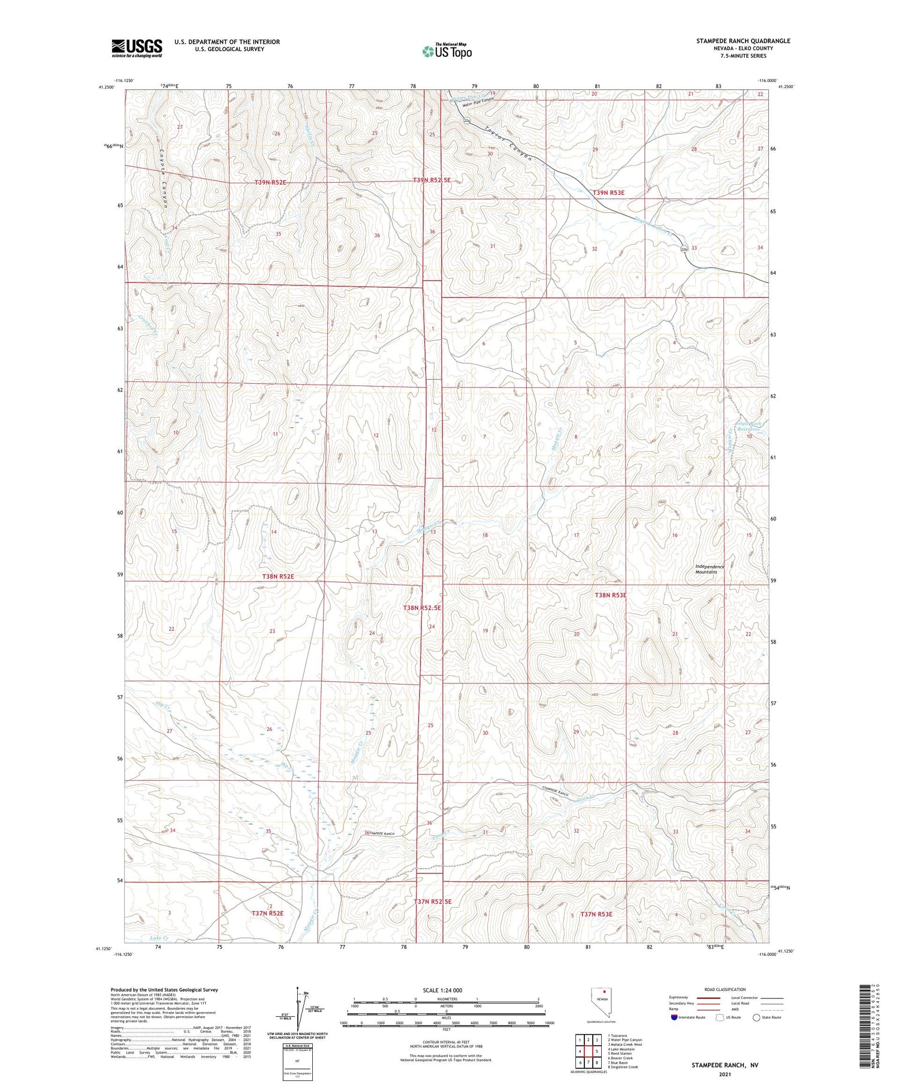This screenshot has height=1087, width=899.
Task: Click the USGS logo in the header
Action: [x=137, y=48]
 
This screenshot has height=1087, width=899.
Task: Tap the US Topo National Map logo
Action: [x=447, y=52]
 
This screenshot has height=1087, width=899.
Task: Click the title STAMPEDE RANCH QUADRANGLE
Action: [x=743, y=41]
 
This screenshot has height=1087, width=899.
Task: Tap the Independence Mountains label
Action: [x=710, y=569]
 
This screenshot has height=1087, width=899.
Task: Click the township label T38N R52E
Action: [x=278, y=576]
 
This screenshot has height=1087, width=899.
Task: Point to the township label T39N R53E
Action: [x=608, y=192]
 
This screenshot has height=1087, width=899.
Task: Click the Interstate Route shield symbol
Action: [x=674, y=1017]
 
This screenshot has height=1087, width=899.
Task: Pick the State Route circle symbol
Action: [x=756, y=1017]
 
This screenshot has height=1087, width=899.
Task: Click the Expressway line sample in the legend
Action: [x=708, y=998]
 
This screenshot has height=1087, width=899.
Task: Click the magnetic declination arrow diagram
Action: [x=298, y=1010]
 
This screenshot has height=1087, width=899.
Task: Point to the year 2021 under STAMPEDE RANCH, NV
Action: [x=725, y=1074]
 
